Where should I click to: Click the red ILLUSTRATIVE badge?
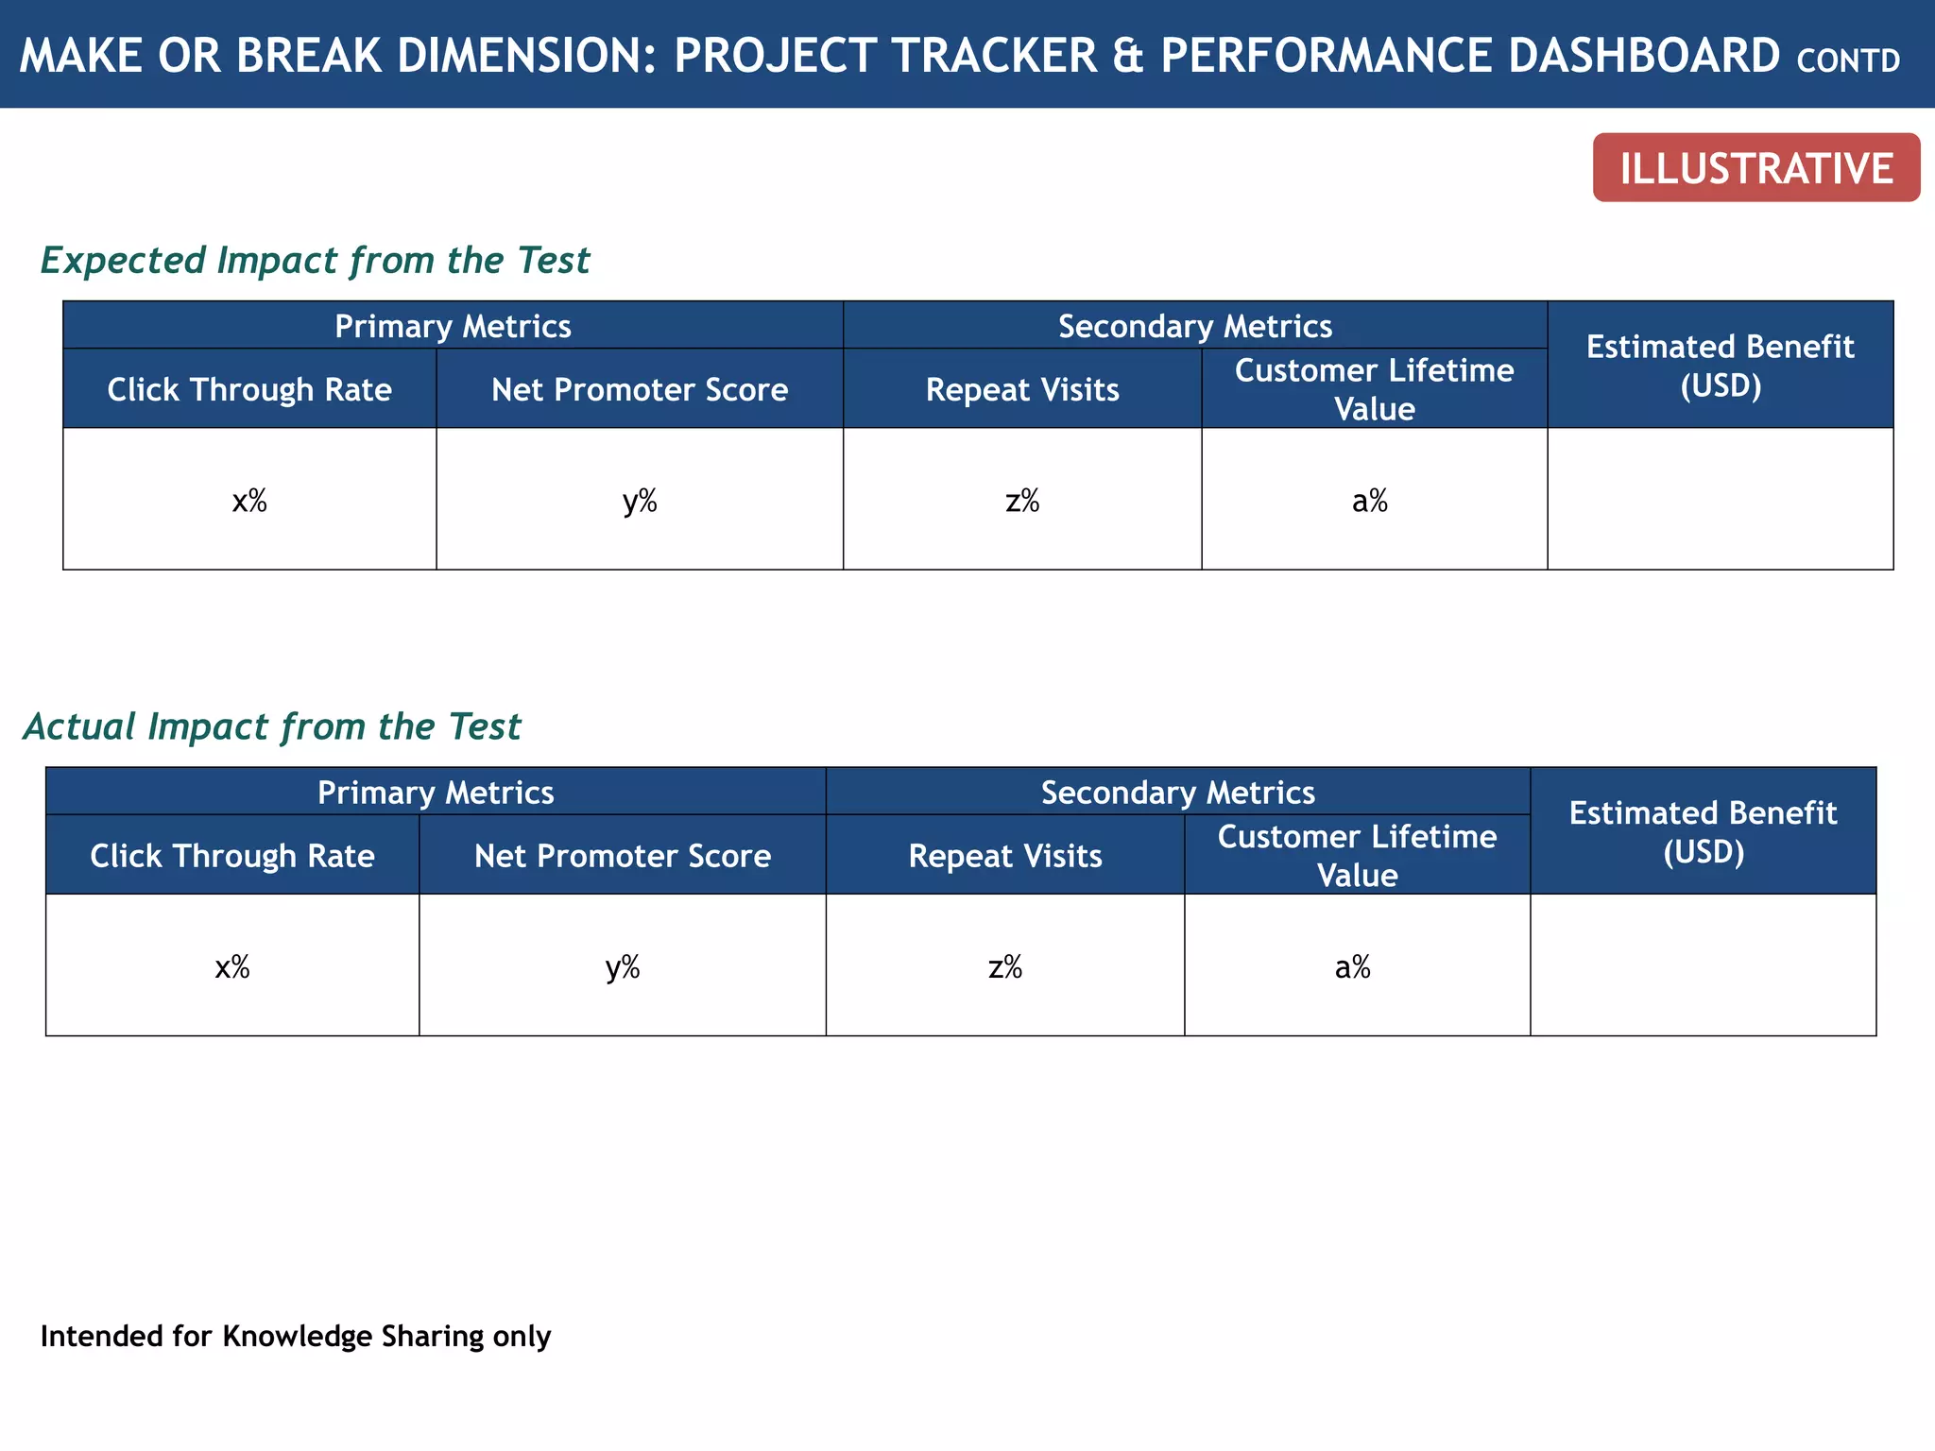click(1755, 168)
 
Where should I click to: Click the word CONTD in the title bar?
click(1847, 61)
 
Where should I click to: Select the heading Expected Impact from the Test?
click(315, 261)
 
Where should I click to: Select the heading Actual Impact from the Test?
click(272, 726)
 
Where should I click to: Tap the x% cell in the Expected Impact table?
click(249, 501)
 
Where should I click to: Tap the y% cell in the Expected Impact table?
click(640, 501)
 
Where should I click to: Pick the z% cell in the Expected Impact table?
click(1022, 501)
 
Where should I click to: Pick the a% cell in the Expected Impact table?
click(1370, 501)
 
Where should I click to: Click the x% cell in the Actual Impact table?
click(232, 966)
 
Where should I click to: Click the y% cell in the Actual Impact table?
click(623, 966)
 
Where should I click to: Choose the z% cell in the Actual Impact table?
click(1005, 966)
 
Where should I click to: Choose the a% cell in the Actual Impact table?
click(1353, 966)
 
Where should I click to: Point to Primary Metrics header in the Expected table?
click(453, 326)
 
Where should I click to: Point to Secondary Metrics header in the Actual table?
click(1177, 792)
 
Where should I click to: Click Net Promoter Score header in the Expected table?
click(640, 389)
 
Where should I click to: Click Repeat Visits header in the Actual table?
click(1005, 856)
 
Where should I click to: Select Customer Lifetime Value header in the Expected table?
click(1374, 389)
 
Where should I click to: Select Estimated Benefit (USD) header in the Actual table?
click(1703, 831)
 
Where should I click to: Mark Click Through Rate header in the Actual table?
click(232, 856)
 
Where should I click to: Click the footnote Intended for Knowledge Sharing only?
click(296, 1337)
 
